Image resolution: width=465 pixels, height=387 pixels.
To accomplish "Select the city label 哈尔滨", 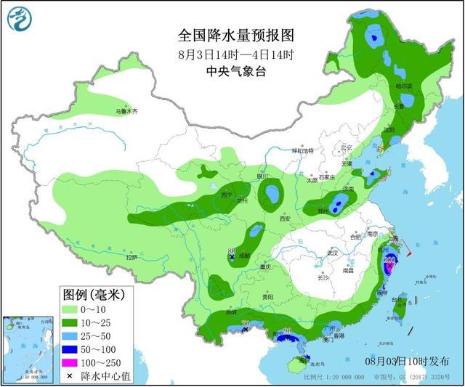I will (403, 86).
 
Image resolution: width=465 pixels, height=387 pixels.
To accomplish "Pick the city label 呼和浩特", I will (302, 150).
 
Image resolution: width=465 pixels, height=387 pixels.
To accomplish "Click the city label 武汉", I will (333, 253).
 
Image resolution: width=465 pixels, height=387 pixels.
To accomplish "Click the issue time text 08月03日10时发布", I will (407, 361).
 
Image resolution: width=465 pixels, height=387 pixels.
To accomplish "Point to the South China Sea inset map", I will (28, 349).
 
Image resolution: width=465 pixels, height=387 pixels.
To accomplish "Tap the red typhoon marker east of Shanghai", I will (410, 255).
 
